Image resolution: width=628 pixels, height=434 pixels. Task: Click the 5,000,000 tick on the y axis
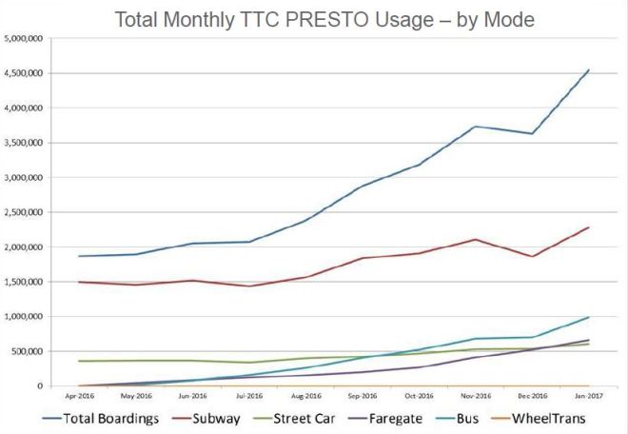27,39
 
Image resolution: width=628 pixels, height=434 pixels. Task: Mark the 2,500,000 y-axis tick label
27,212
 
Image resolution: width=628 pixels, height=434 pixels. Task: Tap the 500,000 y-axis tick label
30,351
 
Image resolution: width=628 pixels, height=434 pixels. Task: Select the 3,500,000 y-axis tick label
27,143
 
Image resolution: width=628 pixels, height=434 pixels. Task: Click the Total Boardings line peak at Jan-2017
589,69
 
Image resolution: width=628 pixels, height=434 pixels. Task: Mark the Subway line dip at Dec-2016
532,256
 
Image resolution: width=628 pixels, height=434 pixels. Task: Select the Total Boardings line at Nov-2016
475,127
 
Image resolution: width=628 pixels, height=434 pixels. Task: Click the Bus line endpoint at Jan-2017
589,317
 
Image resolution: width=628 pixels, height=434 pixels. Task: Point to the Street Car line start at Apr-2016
79,361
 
